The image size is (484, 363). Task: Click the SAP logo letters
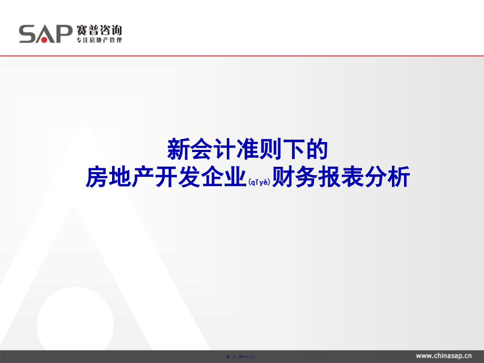(45, 34)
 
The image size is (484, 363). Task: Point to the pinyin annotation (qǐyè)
(259, 182)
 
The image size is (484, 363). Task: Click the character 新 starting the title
(177, 149)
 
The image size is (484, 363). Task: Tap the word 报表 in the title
(340, 178)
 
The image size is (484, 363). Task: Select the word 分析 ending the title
(387, 178)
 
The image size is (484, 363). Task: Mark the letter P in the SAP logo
(63, 34)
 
